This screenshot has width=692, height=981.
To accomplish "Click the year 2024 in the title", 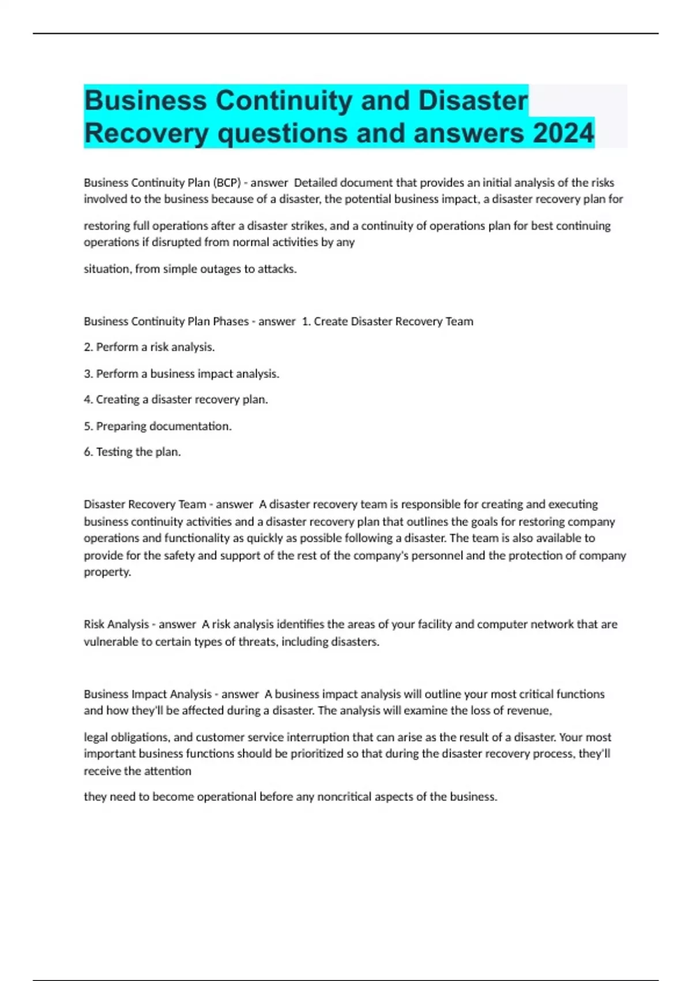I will [563, 133].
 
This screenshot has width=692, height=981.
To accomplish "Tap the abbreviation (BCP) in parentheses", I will [227, 183].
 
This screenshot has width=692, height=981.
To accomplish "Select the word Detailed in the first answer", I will [315, 183].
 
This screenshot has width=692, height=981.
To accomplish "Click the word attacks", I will [277, 269].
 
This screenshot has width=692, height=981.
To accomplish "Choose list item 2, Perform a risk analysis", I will [149, 347].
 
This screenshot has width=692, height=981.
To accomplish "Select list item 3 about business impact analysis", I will [182, 374].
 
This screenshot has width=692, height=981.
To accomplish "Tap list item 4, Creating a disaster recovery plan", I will [176, 399].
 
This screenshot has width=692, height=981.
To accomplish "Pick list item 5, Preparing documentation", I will [157, 426].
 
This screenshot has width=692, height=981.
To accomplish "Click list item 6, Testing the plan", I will [132, 452].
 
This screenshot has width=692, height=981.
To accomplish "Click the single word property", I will [107, 572].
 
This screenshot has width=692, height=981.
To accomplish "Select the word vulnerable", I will [110, 642].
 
